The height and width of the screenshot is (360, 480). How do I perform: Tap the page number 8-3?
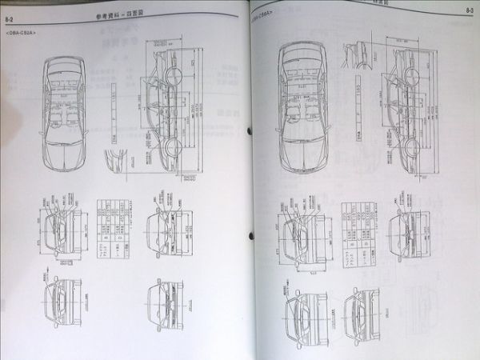pyautogui.click(x=468, y=9)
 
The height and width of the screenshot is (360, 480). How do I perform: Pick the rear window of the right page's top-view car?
pyautogui.click(x=300, y=60)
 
